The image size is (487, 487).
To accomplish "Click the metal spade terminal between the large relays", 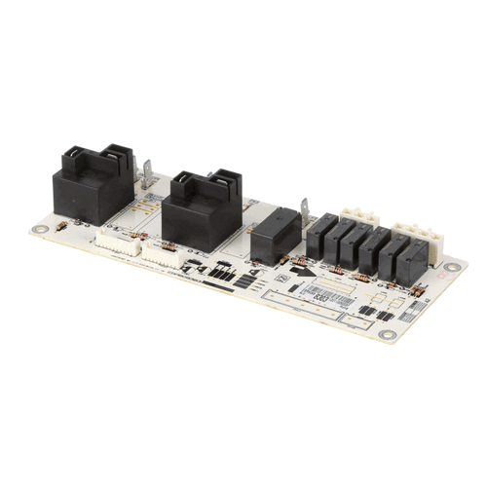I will pyautogui.click(x=148, y=175).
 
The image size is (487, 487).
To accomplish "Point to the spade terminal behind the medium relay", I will pyautogui.click(x=305, y=210).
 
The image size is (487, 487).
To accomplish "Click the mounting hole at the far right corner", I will pyautogui.click(x=450, y=268).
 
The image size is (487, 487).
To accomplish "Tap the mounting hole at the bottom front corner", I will pyautogui.click(x=387, y=337).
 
